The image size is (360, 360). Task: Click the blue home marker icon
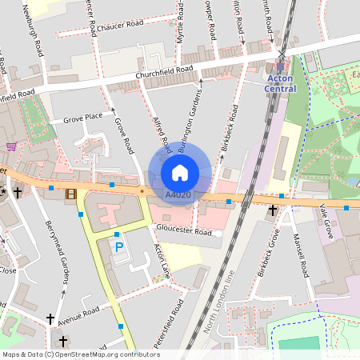180,173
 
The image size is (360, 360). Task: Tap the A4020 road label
178,194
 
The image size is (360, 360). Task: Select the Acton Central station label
280,83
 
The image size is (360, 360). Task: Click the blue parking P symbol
119,247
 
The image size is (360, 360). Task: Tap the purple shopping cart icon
11,146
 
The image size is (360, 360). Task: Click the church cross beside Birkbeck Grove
273,210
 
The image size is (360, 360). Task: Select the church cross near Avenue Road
50,318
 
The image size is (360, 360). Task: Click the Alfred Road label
162,134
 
